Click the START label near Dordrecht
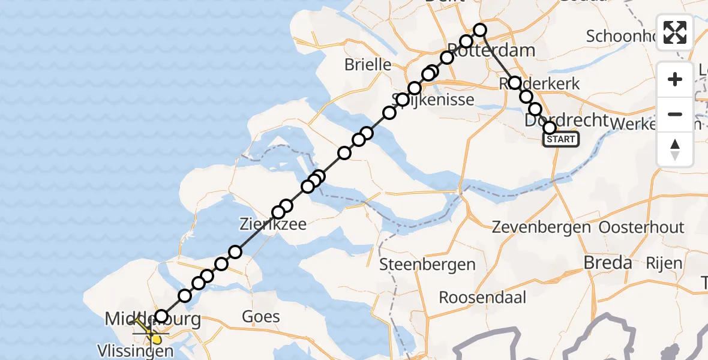pos(560,140)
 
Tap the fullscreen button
pos(675,32)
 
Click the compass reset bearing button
pos(675,150)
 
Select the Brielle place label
pos(368,65)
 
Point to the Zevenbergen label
pos(542,228)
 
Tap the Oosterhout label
pos(641,228)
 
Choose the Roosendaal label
pos(482,297)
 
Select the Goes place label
pos(261,316)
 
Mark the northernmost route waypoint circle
pos(480,29)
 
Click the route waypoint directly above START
pos(550,128)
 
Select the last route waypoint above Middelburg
pos(161,316)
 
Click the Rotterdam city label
pos(491,50)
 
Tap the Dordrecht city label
pos(566,120)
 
